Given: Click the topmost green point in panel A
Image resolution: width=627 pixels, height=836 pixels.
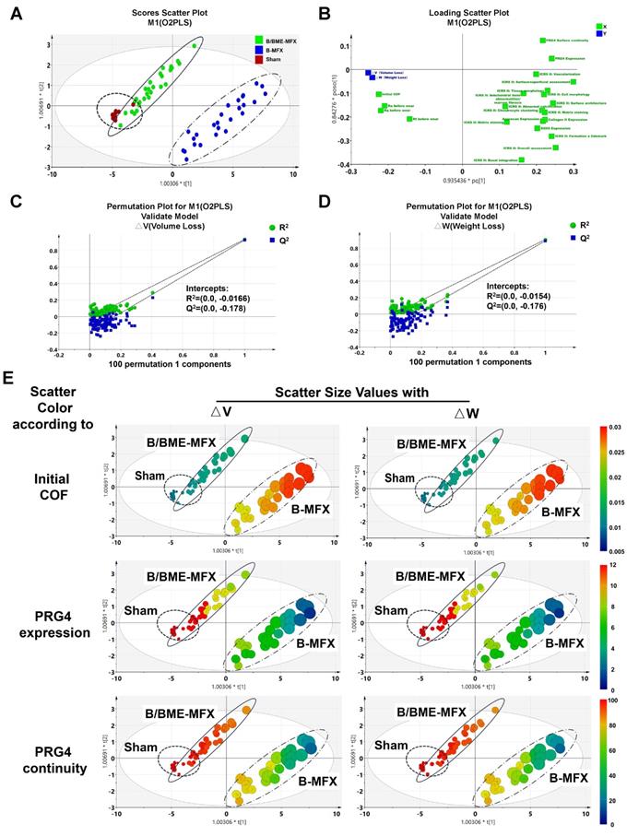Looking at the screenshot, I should click(x=194, y=45).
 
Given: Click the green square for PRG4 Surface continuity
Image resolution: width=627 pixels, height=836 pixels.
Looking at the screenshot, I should click(x=542, y=41).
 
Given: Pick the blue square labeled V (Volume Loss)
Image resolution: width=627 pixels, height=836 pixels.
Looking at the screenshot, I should click(x=368, y=72).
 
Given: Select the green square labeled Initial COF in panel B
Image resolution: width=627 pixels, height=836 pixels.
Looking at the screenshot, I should click(x=380, y=94).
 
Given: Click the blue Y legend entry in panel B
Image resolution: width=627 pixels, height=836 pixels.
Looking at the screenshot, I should click(x=600, y=34).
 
